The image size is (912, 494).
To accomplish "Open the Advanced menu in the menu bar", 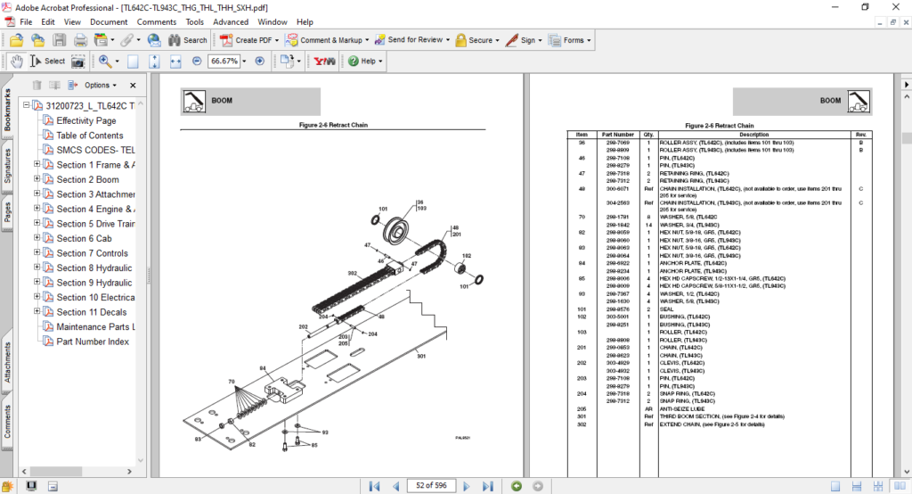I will (x=231, y=21).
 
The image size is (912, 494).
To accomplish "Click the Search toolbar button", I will (x=187, y=40).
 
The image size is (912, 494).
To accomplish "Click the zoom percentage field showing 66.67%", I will (x=224, y=62).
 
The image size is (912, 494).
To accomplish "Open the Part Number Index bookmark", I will (x=93, y=342).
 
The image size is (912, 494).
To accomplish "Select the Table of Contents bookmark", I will (x=90, y=136).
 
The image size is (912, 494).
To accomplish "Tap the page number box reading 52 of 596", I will (x=431, y=485).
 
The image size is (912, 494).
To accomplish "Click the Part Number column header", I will (x=617, y=135).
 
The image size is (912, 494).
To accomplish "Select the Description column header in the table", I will (x=753, y=135).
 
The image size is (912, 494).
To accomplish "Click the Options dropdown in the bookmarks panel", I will (x=100, y=86).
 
